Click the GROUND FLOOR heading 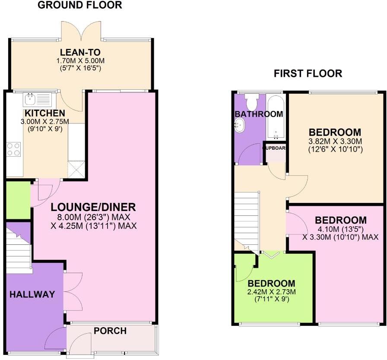tap(79, 5)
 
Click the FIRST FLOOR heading tap(308, 73)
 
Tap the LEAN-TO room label tap(81, 53)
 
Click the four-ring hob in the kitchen tap(14, 149)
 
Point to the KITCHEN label tap(42, 114)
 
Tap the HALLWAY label tap(32, 295)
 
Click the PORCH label tap(110, 331)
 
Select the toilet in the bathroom tap(251, 102)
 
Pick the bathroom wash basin tap(239, 126)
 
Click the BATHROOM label tap(259, 114)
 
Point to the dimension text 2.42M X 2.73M tap(271, 292)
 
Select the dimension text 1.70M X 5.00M tap(81, 61)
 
